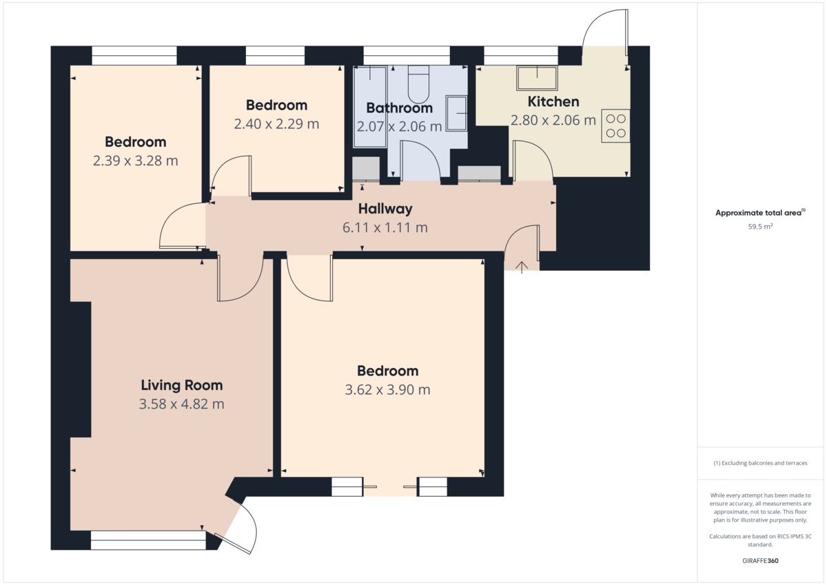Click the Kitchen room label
click(x=553, y=102)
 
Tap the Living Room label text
click(x=182, y=385)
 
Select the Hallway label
click(x=385, y=209)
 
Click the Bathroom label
click(x=399, y=108)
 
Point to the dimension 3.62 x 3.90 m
click(x=387, y=390)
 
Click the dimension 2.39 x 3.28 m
click(x=136, y=161)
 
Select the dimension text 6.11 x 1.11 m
click(x=385, y=227)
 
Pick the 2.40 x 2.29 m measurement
click(x=276, y=124)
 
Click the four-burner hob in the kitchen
click(x=615, y=126)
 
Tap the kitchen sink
click(x=537, y=78)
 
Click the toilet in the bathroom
click(x=418, y=85)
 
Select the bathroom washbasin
click(x=457, y=113)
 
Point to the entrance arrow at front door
click(x=521, y=267)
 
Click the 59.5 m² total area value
click(x=760, y=227)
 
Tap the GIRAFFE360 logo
click(x=760, y=561)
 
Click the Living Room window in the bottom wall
click(x=148, y=540)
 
